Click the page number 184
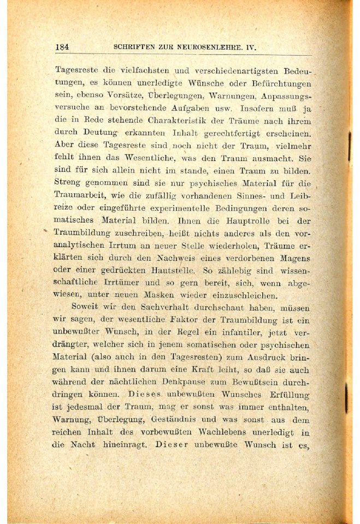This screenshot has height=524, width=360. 62,47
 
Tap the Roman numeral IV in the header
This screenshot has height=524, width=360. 251,47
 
